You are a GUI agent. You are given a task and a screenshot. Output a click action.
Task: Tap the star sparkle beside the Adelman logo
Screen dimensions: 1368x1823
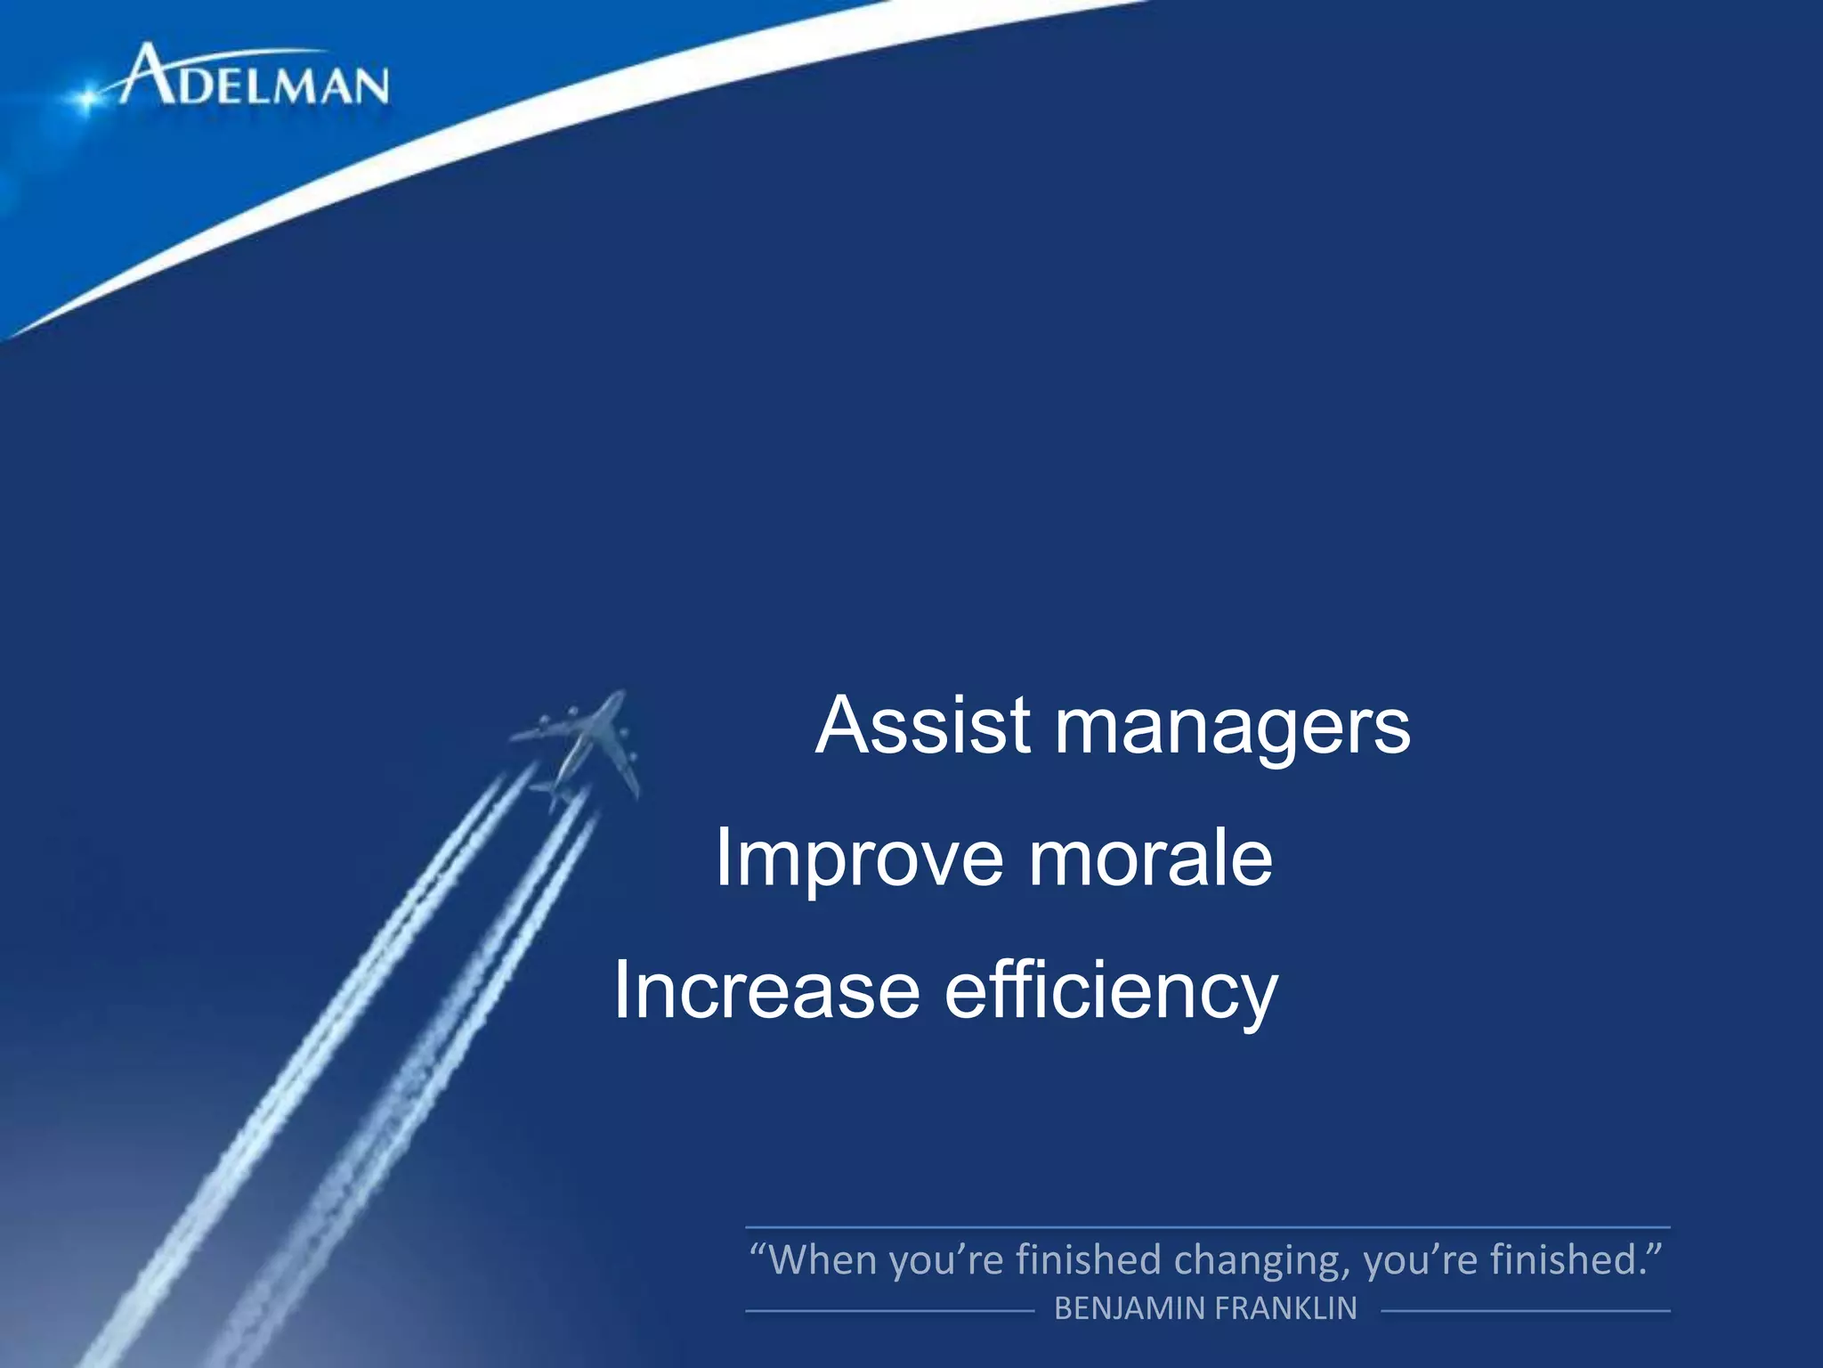[86, 98]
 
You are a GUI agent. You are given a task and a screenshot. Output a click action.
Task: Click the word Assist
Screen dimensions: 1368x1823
[923, 726]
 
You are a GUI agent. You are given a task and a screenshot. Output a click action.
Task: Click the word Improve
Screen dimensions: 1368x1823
[858, 858]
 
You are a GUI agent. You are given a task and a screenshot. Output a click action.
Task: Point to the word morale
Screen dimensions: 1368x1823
[1150, 859]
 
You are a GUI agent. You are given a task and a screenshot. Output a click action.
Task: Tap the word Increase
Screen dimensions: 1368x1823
[766, 990]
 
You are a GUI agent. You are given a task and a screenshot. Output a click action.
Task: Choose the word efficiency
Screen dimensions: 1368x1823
[1110, 992]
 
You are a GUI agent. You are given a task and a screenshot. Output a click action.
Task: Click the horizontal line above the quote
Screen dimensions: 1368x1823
[1207, 1227]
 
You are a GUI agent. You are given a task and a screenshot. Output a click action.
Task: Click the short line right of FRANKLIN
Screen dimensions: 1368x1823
[1524, 1311]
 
